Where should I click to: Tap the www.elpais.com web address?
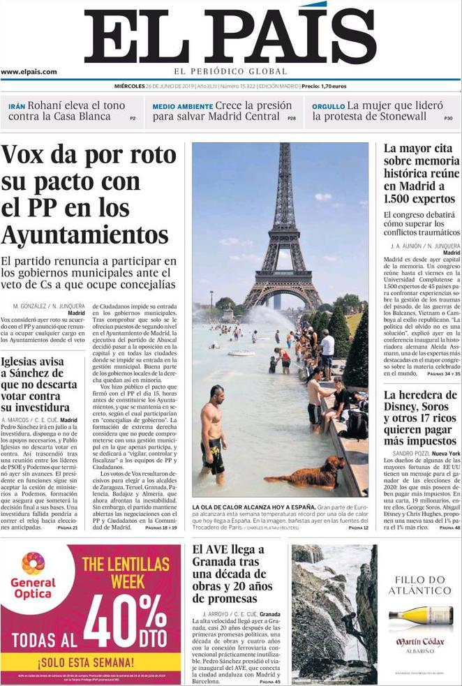(29, 72)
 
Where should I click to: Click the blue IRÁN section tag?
(17, 106)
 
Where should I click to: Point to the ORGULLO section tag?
(328, 106)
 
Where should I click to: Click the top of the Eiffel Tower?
(285, 148)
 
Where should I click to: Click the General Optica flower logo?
(33, 563)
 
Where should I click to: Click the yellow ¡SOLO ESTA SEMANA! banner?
(86, 662)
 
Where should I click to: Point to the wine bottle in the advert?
(421, 616)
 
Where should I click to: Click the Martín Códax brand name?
(420, 642)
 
